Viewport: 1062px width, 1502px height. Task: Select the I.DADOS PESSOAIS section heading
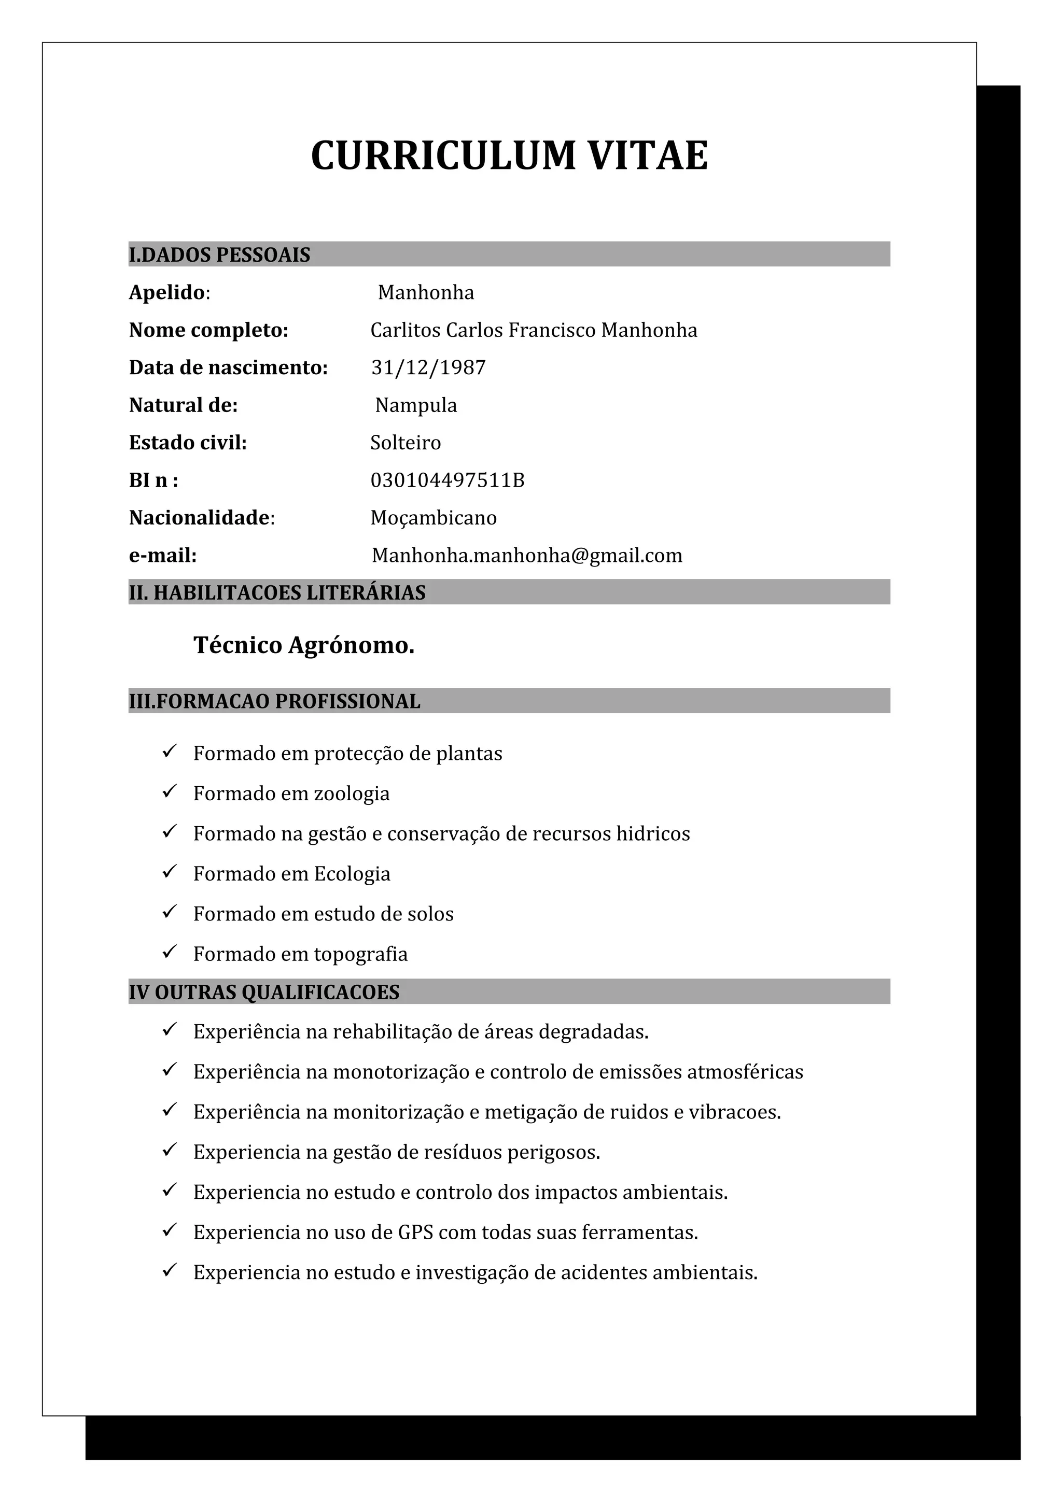click(219, 254)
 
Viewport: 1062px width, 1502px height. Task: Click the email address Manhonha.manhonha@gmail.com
click(527, 556)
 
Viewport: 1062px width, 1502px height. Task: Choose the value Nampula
click(416, 406)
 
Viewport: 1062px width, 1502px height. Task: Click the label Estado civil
click(188, 443)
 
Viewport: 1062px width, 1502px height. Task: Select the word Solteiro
click(406, 443)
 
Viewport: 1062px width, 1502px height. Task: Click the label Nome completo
click(208, 330)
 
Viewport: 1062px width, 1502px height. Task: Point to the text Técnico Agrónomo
click(304, 646)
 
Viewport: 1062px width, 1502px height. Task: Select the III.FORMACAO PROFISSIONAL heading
click(274, 701)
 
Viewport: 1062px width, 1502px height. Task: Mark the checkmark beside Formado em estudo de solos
click(170, 912)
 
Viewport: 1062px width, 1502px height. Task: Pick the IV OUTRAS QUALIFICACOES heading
click(264, 993)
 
